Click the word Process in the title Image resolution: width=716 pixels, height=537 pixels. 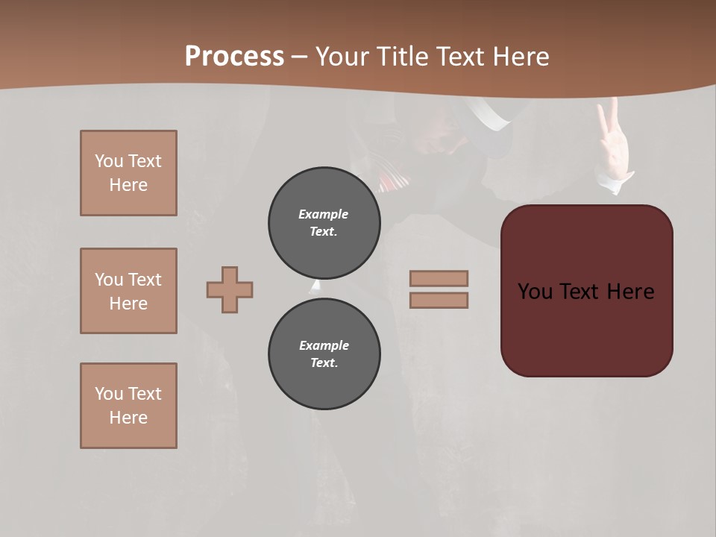coord(234,57)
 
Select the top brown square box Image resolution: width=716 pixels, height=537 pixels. coord(128,173)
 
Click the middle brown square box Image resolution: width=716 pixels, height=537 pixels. coord(128,291)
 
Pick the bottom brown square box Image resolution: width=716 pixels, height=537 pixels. coord(128,406)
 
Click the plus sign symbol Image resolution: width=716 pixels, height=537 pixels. coord(230,289)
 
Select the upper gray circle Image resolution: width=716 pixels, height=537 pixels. coord(324,223)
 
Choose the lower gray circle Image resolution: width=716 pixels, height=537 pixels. coord(324,354)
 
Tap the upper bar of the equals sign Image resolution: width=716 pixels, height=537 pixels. coord(439,279)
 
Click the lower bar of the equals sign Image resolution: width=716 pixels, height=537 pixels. coord(439,300)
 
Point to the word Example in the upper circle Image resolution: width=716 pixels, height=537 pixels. coord(324,214)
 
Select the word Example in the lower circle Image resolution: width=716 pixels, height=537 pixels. coord(324,345)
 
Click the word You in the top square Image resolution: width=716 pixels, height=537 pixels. coord(107,161)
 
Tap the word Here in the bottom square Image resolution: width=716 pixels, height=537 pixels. coord(128,418)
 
